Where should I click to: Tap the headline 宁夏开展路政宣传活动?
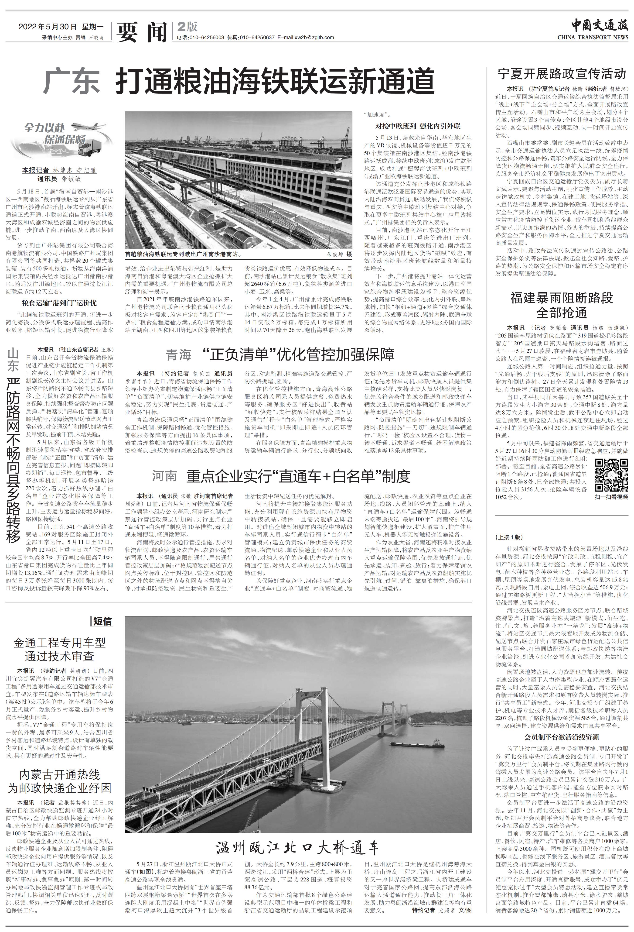tap(562, 74)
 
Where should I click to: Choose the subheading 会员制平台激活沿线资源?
tap(562, 737)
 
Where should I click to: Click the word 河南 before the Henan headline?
tap(164, 476)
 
